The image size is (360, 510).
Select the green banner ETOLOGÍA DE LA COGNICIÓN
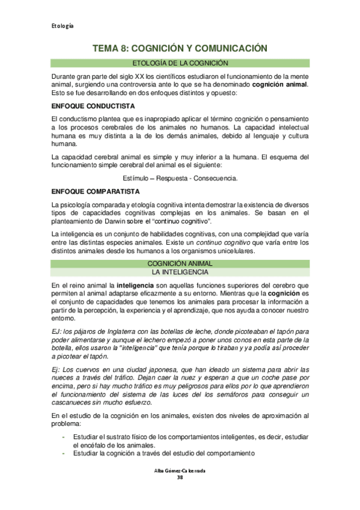pyautogui.click(x=180, y=63)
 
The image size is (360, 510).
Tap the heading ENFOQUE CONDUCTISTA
pyautogui.click(x=84, y=105)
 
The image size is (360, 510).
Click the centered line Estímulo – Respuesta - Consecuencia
pyautogui.click(x=180, y=179)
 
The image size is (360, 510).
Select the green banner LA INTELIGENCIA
pyautogui.click(x=180, y=272)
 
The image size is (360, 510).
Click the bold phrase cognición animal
pyautogui.click(x=279, y=85)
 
